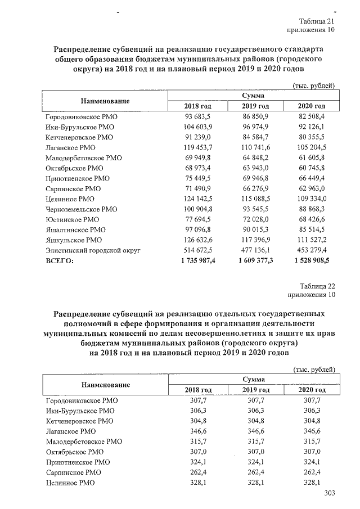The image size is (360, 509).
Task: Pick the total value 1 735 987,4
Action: point(197,260)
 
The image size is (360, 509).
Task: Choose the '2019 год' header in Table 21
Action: point(255,106)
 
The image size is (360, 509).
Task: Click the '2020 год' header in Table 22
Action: point(312,390)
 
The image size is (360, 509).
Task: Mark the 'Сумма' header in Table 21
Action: point(254,96)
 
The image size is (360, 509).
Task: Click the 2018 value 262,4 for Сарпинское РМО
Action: point(198,472)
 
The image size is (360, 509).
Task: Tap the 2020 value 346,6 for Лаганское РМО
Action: point(312,431)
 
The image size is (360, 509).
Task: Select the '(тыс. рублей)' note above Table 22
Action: point(314,369)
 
